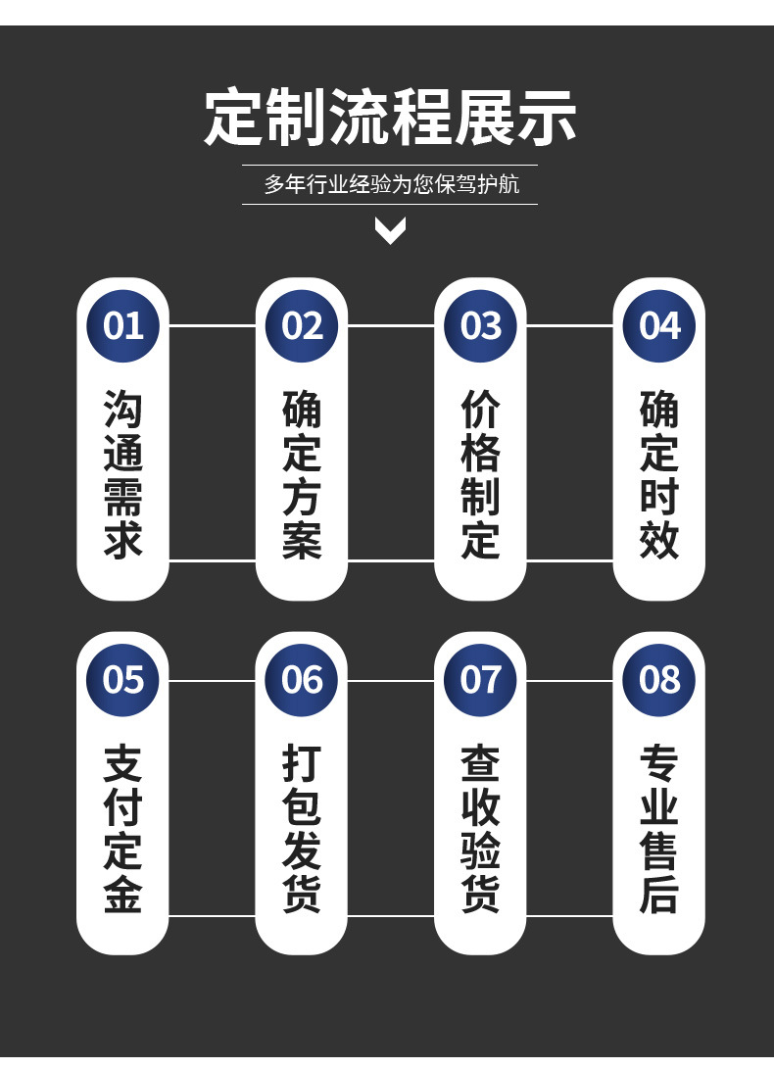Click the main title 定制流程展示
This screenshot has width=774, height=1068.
pyautogui.click(x=390, y=118)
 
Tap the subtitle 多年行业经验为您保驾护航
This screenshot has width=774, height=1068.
pyautogui.click(x=390, y=184)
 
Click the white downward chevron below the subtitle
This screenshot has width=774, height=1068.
pyautogui.click(x=390, y=231)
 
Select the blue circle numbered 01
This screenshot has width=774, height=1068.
pyautogui.click(x=123, y=325)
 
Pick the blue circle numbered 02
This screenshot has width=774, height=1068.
pyautogui.click(x=302, y=325)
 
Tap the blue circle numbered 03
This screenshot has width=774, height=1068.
pyautogui.click(x=480, y=325)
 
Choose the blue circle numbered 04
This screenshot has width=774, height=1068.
pyautogui.click(x=658, y=325)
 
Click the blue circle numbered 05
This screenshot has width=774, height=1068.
pyautogui.click(x=123, y=679)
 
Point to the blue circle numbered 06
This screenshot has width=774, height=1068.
pyautogui.click(x=302, y=679)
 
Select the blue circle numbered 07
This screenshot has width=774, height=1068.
pyautogui.click(x=480, y=679)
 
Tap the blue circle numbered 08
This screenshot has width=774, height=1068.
pyautogui.click(x=658, y=679)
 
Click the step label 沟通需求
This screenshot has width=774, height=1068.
pyautogui.click(x=123, y=474)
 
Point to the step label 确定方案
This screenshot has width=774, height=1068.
pyautogui.click(x=302, y=474)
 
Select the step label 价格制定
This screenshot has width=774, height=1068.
pyautogui.click(x=480, y=474)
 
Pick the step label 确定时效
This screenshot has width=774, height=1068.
pyautogui.click(x=658, y=474)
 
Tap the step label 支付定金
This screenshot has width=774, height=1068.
pyautogui.click(x=123, y=829)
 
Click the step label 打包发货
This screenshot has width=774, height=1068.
pyautogui.click(x=302, y=829)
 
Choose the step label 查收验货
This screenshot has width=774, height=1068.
pyautogui.click(x=480, y=829)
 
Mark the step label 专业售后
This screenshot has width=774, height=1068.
pyautogui.click(x=658, y=829)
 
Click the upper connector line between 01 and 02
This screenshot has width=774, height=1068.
pyautogui.click(x=213, y=325)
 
